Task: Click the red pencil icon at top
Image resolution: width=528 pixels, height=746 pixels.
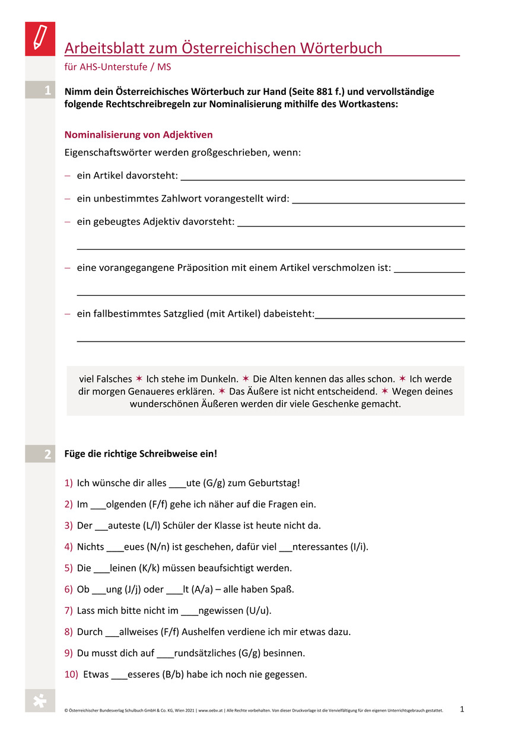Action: [x=40, y=39]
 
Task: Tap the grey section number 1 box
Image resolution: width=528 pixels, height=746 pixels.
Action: [x=40, y=91]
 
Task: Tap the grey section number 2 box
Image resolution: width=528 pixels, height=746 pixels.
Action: [x=40, y=454]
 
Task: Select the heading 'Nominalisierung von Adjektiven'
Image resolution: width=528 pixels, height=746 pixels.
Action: [x=138, y=135]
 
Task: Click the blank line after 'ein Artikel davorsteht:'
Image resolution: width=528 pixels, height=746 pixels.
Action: [x=322, y=176]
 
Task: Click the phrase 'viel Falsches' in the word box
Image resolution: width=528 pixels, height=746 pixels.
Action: [x=106, y=379]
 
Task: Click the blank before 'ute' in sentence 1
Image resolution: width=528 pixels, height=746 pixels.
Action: [x=177, y=483]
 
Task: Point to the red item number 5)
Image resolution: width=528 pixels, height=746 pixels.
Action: [x=69, y=568]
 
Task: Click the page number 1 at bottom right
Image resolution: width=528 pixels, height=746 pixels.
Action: [x=462, y=709]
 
